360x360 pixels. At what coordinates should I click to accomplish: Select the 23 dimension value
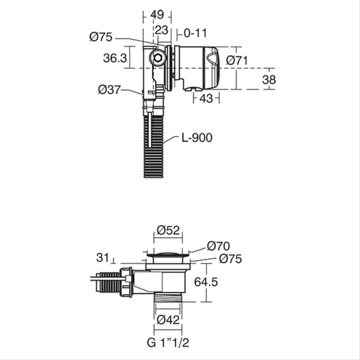tap(161, 30)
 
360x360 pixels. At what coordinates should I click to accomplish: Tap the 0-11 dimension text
tap(195, 33)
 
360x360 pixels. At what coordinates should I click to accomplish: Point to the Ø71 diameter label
tap(237, 61)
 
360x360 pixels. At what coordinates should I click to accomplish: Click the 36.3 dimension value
tap(115, 58)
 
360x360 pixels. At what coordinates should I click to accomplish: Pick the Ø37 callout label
tap(109, 90)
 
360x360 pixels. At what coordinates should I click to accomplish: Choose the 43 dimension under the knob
tap(206, 99)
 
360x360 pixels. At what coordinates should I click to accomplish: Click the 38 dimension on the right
tap(269, 80)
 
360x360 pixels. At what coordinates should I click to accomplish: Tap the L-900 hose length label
tap(197, 138)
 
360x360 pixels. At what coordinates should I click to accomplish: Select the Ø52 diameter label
tap(168, 230)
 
